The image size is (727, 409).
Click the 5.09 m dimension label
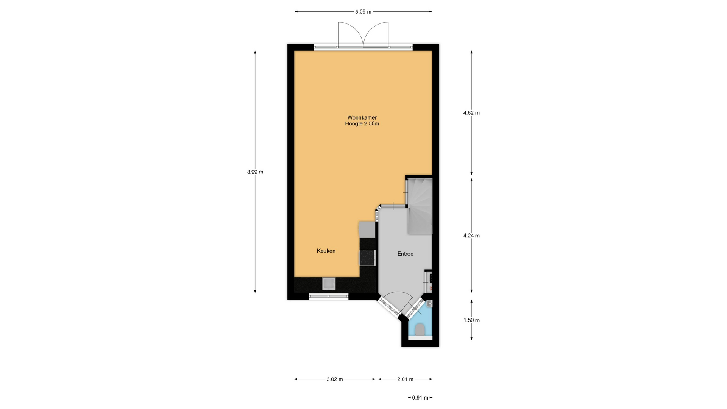[363, 12]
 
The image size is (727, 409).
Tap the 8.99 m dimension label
[255, 172]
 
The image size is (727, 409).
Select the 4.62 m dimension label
[471, 113]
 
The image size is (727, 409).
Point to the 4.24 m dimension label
[471, 236]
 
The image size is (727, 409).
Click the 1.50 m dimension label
[471, 320]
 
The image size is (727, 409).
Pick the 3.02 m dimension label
[335, 379]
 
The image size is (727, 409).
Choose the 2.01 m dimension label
[405, 379]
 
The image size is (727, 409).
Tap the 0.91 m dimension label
[420, 398]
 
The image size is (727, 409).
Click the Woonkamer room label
[362, 118]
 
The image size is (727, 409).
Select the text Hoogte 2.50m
[362, 124]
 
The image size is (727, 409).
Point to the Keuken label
[326, 251]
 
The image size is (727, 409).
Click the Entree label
[405, 254]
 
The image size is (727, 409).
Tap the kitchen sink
[329, 284]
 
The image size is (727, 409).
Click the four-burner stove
[367, 258]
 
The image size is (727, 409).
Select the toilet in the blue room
[420, 330]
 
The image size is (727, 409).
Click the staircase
[420, 206]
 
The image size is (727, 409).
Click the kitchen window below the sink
[329, 297]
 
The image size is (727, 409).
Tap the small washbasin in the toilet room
[429, 304]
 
